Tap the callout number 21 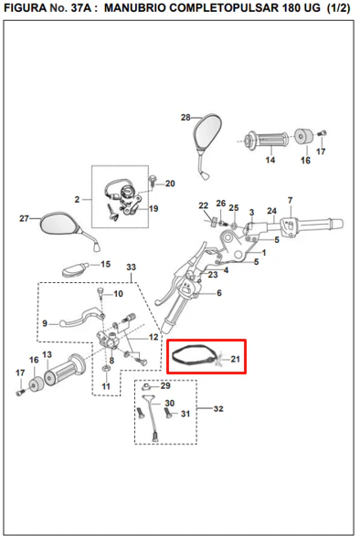(x=236, y=359)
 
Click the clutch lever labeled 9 (x=81, y=316)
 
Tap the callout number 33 (x=132, y=267)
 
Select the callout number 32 (x=218, y=408)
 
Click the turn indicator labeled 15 (x=75, y=269)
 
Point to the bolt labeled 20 (x=153, y=181)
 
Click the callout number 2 (x=77, y=199)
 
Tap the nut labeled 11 (x=106, y=369)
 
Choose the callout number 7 (x=291, y=200)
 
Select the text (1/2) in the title (x=338, y=8)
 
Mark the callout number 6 (x=219, y=293)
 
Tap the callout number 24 (x=271, y=211)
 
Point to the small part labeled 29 (x=146, y=387)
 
